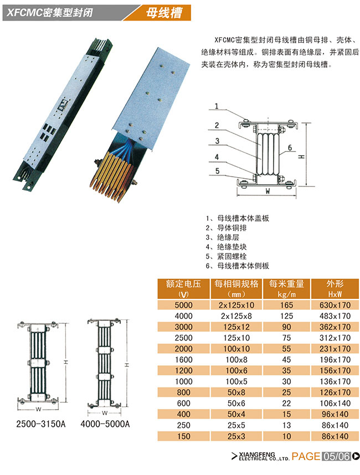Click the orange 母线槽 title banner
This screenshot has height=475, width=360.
161,13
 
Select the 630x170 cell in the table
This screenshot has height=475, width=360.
335,305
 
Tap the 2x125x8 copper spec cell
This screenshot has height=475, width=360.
236,316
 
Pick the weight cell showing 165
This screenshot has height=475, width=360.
286,305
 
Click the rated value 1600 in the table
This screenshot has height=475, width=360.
184,360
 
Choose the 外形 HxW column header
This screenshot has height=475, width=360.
335,288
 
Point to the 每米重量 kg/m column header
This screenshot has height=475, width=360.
286,288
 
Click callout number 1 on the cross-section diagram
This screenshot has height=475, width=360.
217,106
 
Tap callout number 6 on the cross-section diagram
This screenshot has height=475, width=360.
290,147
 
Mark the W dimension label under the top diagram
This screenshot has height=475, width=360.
268,191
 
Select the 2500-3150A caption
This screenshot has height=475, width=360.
40,424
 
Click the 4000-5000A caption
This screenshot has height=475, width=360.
105,424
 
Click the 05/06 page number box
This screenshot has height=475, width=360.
336,456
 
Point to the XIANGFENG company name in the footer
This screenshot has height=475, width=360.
257,455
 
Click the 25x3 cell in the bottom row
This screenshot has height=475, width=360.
236,436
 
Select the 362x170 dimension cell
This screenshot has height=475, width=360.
335,327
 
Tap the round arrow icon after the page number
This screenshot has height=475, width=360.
356,456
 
